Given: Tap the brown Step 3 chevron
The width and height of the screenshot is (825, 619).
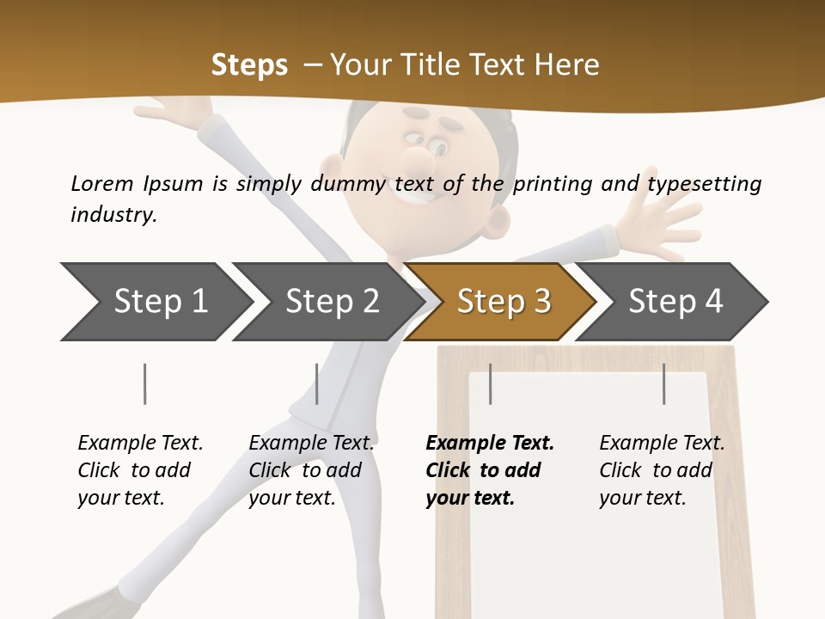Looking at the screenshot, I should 503,301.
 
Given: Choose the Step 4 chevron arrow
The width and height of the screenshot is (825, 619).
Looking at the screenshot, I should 675,301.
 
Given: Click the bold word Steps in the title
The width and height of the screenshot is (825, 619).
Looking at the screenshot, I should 249,64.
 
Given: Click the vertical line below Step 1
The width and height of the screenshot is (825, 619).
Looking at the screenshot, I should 145,383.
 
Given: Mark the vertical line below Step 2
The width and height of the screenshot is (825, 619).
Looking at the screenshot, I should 317,383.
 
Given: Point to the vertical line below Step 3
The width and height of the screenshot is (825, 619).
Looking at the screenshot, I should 491,383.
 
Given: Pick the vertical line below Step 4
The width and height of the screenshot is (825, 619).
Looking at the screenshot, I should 664,383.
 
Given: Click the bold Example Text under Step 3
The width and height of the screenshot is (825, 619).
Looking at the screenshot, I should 490,443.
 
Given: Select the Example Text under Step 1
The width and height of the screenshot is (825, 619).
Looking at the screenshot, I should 140,443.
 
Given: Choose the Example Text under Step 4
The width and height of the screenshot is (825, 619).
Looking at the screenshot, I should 662,443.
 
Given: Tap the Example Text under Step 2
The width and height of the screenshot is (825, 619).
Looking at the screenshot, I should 311,443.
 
